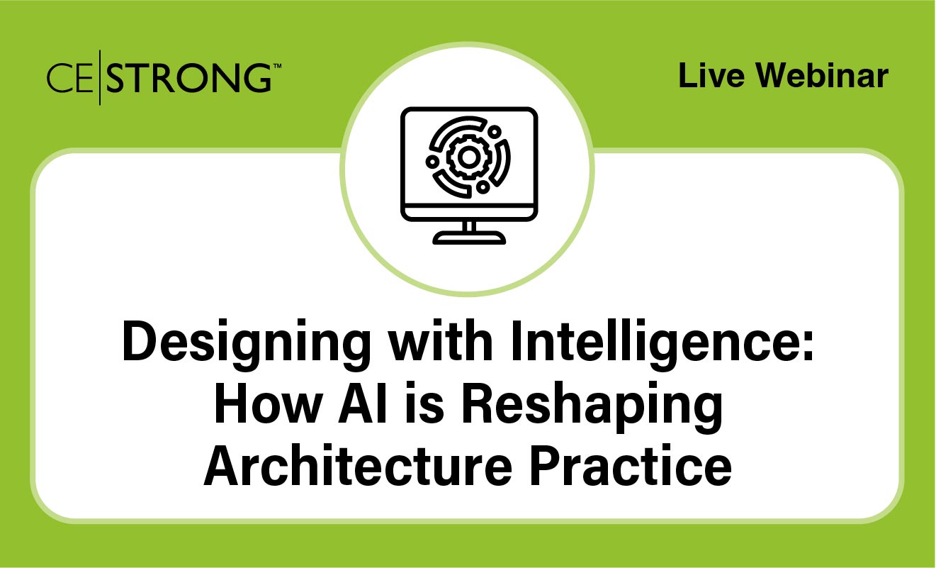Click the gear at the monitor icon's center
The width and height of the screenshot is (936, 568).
467,158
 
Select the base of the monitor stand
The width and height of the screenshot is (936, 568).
468,240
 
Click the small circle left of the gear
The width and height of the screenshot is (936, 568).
431,162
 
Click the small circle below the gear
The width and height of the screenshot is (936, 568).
483,186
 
